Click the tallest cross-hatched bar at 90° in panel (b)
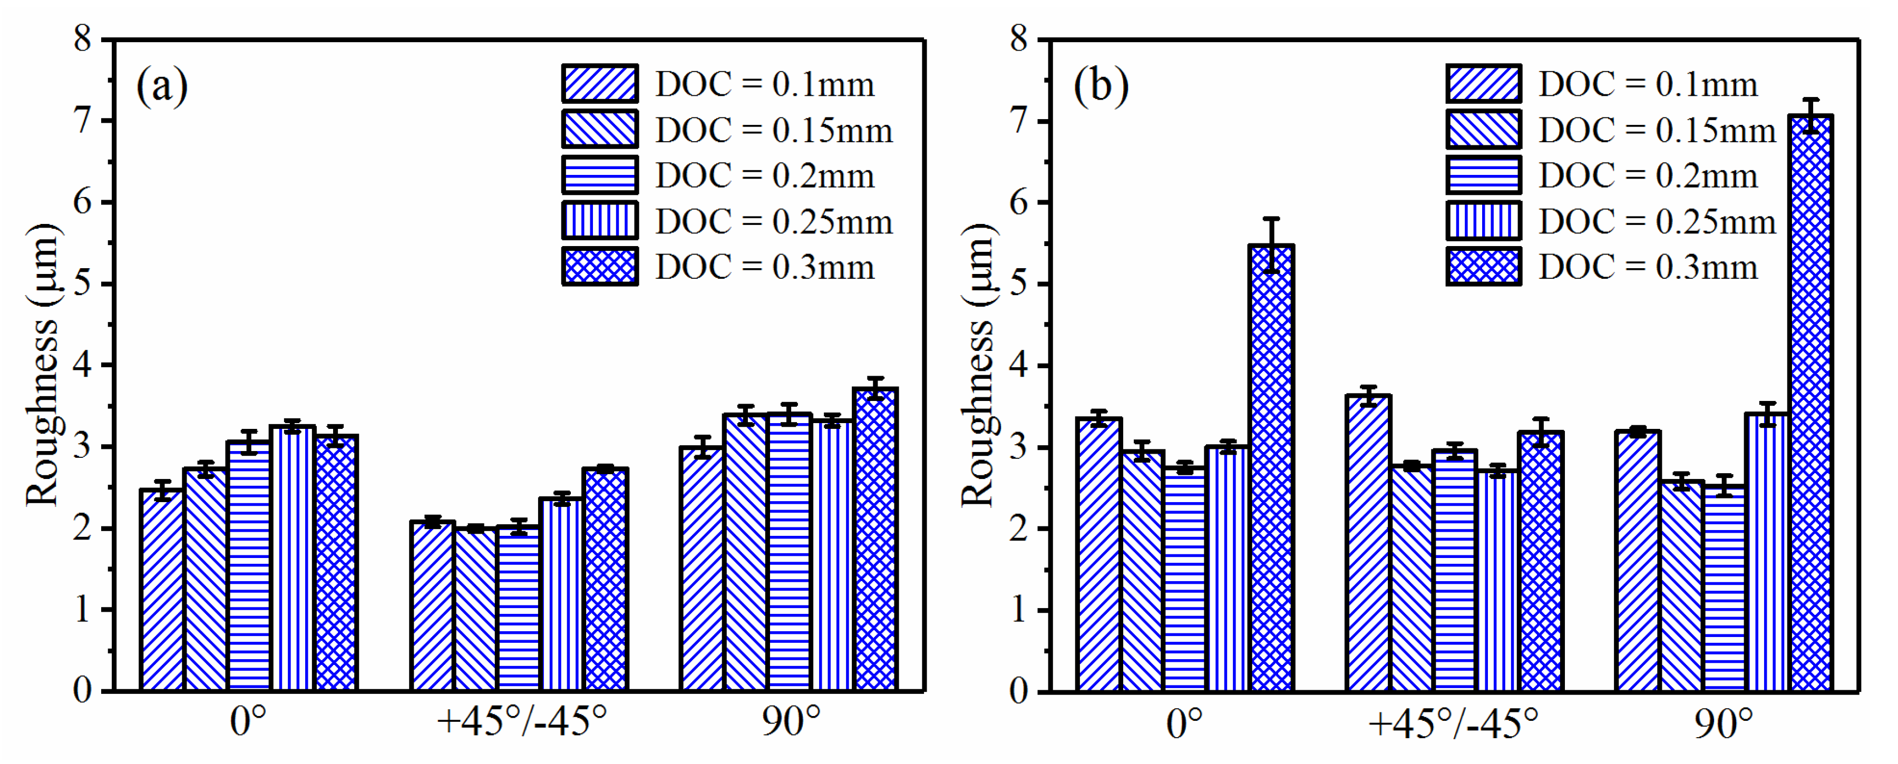1811,405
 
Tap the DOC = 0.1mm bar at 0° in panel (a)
162,590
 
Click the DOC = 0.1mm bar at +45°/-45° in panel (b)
1368,545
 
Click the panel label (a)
162,86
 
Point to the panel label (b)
1101,86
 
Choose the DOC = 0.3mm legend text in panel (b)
1648,267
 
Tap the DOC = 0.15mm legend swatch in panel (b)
1483,130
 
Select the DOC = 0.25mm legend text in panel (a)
774,221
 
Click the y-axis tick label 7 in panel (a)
83,120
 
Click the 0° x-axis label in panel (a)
248,721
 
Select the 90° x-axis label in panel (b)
1724,723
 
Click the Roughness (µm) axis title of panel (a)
42,365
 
